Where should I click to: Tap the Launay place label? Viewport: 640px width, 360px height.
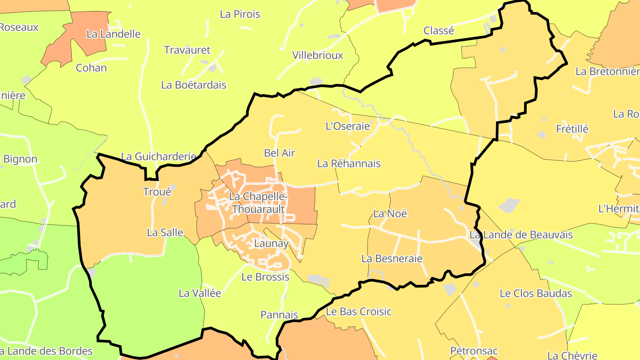click(271, 244)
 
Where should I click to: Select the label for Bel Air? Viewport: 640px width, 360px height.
click(280, 153)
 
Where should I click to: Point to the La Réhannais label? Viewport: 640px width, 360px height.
click(349, 164)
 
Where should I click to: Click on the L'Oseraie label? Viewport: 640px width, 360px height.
click(348, 126)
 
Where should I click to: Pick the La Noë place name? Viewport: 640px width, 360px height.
click(390, 213)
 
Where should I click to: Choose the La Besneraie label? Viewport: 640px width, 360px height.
click(392, 258)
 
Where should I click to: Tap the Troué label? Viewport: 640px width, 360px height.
click(157, 192)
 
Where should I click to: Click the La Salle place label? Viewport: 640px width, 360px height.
click(165, 232)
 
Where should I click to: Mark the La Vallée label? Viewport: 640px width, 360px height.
click(200, 293)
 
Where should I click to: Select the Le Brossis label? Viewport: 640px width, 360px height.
click(265, 277)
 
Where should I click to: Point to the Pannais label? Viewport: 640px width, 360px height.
click(279, 315)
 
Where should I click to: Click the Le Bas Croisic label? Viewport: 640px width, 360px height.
click(359, 312)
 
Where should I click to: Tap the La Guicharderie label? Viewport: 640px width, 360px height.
click(159, 156)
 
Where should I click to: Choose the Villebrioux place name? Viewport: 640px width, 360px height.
click(318, 56)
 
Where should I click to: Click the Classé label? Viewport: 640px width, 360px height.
click(439, 31)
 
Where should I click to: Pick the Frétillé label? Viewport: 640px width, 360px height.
click(572, 129)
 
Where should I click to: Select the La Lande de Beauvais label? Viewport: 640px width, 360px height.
click(521, 235)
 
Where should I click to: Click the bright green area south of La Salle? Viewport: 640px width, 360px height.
click(147, 302)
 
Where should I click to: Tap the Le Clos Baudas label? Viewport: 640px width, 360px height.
click(536, 293)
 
